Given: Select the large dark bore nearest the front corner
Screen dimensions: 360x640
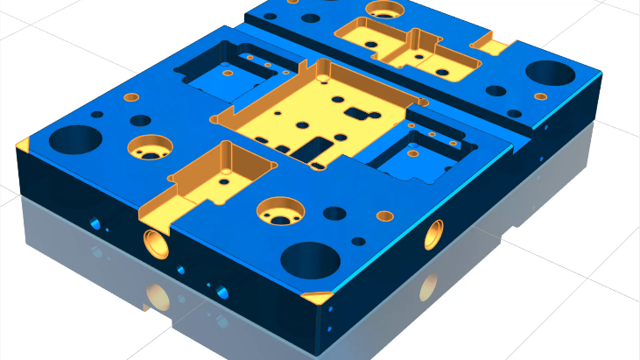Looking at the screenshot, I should [310, 260].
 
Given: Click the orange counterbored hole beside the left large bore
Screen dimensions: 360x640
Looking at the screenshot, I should [150, 147].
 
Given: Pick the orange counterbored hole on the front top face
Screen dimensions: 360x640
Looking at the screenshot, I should [278, 208].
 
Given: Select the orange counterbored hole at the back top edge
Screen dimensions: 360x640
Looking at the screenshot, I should [383, 10].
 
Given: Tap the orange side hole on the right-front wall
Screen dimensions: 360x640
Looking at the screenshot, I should [434, 234].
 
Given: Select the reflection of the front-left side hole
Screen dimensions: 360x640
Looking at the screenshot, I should [158, 298].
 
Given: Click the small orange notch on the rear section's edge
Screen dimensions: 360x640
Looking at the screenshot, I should [491, 44].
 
